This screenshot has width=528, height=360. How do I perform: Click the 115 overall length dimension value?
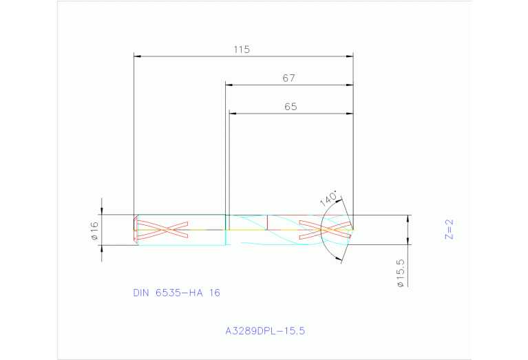(x=241, y=50)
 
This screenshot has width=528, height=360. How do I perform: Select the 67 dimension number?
(x=288, y=78)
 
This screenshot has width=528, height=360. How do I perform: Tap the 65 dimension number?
(x=290, y=107)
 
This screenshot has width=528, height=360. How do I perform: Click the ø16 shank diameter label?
(x=96, y=231)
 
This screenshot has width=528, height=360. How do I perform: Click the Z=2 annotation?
(x=449, y=229)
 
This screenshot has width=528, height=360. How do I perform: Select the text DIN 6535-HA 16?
(x=176, y=293)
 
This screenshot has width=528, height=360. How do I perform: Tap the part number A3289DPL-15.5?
(x=265, y=330)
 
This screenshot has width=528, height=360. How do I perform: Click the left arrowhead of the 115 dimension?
(x=136, y=56)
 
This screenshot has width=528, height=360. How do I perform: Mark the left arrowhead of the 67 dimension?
(x=229, y=85)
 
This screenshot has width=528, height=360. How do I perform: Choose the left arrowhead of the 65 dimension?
(x=232, y=113)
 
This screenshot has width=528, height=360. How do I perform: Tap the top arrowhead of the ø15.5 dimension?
(x=408, y=218)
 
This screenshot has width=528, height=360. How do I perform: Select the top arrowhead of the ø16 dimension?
(x=102, y=211)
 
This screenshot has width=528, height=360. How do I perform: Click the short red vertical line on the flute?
(x=267, y=222)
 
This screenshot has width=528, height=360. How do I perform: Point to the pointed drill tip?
(x=352, y=229)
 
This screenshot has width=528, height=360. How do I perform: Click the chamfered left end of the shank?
(x=134, y=229)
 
